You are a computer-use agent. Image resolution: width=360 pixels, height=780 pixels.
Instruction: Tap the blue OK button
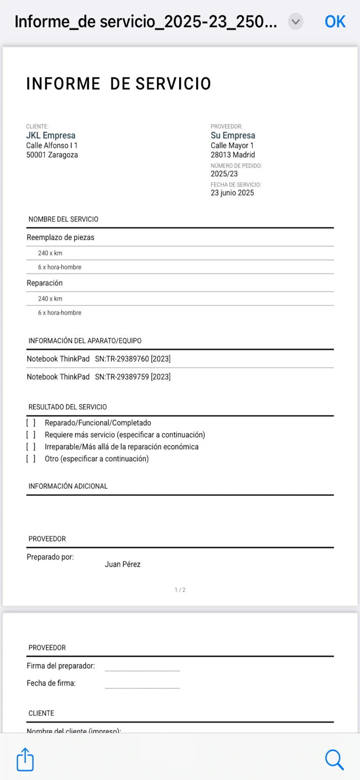335,22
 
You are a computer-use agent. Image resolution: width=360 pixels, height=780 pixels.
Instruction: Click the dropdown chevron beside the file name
296,22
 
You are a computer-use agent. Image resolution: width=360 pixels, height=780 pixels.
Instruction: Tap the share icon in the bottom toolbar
25,759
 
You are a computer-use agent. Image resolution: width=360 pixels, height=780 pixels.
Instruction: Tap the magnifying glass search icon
334,759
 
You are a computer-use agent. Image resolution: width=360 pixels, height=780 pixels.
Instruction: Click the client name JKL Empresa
51,135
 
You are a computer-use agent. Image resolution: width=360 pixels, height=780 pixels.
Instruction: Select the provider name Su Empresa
233,135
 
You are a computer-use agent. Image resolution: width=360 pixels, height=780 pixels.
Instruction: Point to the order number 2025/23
224,174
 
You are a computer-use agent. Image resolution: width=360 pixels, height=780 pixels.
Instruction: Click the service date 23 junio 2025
232,193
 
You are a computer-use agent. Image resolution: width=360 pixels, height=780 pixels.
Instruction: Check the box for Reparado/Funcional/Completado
31,423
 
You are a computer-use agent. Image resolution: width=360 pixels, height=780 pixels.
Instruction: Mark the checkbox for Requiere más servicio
31,435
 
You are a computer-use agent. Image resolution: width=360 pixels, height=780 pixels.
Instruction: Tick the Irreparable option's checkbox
31,447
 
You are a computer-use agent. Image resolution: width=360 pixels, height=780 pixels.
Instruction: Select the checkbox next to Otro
31,459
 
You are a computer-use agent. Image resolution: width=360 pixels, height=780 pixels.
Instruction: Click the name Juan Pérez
122,564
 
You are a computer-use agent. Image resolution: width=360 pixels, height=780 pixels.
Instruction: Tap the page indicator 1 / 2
180,590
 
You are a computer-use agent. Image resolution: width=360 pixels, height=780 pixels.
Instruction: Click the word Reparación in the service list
45,283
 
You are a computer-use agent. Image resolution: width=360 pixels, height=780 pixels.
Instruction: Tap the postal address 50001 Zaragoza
52,155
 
